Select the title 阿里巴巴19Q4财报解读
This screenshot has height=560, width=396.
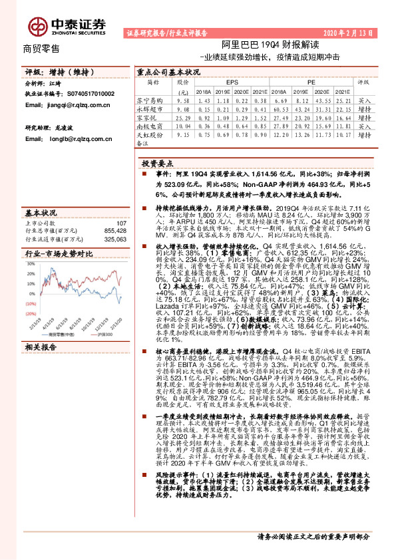point(254,45)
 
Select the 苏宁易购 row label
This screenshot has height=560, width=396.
point(154,98)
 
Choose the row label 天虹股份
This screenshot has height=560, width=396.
point(154,133)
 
